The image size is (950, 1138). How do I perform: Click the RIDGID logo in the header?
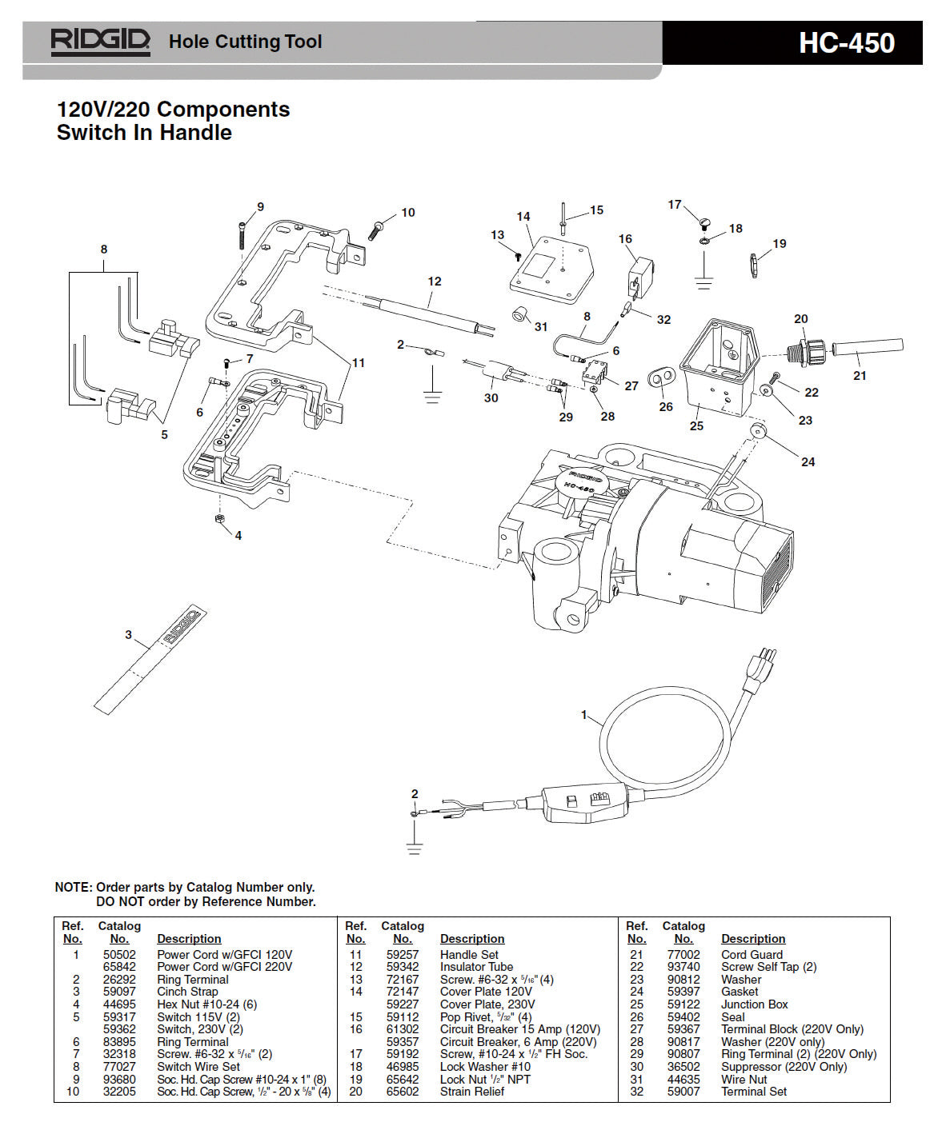point(100,42)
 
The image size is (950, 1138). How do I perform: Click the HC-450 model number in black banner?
point(846,43)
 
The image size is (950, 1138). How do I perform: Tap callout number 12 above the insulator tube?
point(434,282)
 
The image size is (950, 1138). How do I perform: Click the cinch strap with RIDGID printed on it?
point(151,660)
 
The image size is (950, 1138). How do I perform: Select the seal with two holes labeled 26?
point(662,377)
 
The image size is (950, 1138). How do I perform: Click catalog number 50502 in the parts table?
point(119,954)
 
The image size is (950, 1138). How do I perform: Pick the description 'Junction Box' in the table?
point(754,1004)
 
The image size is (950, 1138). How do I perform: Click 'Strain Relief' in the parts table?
point(471,1092)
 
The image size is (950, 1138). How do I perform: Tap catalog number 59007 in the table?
point(683,1092)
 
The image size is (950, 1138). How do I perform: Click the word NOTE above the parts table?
point(72,887)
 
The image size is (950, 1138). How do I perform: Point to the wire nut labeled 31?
point(521,314)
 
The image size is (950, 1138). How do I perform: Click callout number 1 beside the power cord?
point(583,715)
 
